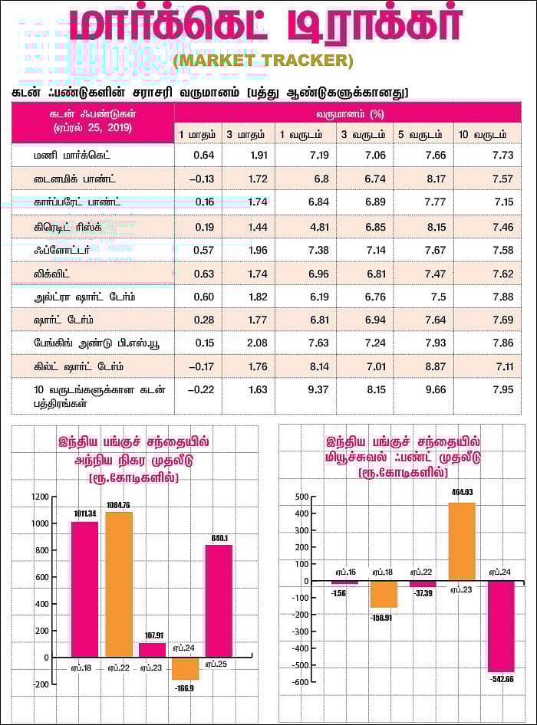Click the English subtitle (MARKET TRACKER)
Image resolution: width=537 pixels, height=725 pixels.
coord(263,61)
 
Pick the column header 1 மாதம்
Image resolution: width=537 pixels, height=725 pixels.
coord(196,134)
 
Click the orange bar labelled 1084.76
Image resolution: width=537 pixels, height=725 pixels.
coord(119,584)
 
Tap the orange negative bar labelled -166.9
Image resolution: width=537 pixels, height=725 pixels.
coord(185,668)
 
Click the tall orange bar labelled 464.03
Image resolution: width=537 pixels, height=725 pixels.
coord(462,541)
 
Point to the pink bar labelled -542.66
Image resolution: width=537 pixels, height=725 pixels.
coord(500,625)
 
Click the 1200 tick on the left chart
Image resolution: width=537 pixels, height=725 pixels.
coord(39,497)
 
